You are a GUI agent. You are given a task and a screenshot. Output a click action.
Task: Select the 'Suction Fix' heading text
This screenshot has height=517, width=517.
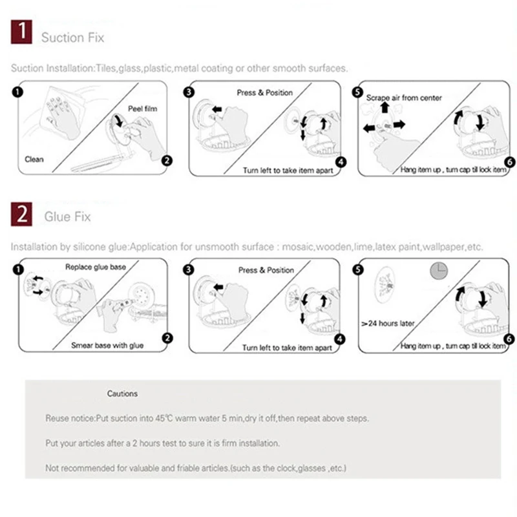[x=72, y=37]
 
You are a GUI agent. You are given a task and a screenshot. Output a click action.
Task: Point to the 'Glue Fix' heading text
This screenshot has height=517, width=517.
[x=67, y=217]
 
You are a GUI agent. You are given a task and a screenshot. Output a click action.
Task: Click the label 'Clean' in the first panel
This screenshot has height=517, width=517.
[x=34, y=159]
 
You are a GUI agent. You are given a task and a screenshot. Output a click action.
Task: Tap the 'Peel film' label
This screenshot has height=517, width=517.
[x=142, y=109]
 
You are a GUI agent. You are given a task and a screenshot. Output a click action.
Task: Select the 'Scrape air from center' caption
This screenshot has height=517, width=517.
[x=405, y=98]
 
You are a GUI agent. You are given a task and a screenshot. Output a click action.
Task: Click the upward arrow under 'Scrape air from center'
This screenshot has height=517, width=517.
[x=385, y=107]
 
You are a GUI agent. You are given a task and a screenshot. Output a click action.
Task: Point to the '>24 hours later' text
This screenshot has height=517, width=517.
[x=388, y=322]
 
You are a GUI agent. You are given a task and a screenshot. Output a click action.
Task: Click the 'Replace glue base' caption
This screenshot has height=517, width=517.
[x=96, y=267]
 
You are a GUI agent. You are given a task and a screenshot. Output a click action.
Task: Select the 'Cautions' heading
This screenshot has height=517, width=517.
[x=122, y=394]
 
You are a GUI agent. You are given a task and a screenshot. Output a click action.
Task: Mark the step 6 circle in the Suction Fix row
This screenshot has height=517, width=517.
[x=509, y=162]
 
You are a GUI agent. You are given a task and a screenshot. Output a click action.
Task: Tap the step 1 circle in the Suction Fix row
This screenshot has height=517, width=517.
[x=17, y=91]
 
